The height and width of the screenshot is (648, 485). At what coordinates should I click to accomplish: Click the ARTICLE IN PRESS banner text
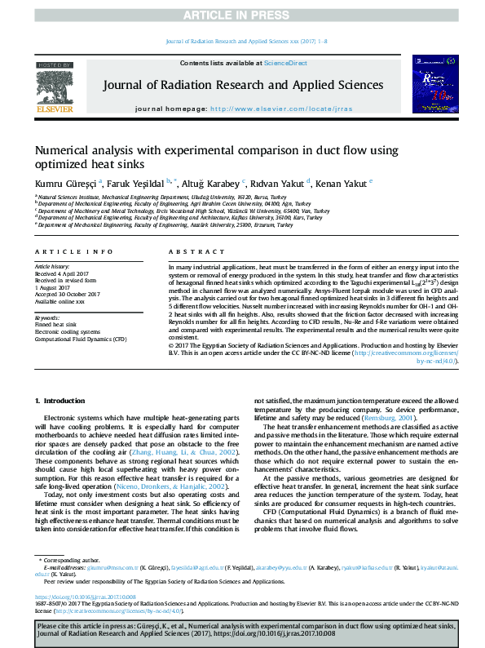(x=242, y=16)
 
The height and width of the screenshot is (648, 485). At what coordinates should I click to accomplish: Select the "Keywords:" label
(x=46, y=317)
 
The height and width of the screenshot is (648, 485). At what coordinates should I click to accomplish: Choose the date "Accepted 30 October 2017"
(x=67, y=294)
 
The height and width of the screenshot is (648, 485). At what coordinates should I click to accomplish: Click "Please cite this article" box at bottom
(x=242, y=629)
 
